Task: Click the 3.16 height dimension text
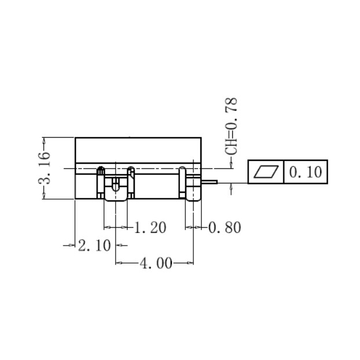coord(45,168)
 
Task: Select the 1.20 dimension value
coord(150,228)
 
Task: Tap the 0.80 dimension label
coord(224,228)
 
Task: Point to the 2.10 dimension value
coord(94,246)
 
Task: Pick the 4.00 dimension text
coord(156,264)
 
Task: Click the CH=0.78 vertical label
coord(232,127)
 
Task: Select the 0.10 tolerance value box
coord(305,172)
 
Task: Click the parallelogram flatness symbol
coord(266,172)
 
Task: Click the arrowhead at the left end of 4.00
coord(119,264)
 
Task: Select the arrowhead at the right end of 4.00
coord(190,264)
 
